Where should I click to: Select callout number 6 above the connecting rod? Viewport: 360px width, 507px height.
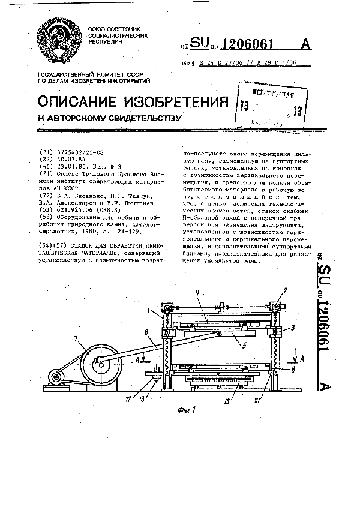click(147, 332)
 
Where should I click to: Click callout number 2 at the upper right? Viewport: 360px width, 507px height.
click(286, 290)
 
